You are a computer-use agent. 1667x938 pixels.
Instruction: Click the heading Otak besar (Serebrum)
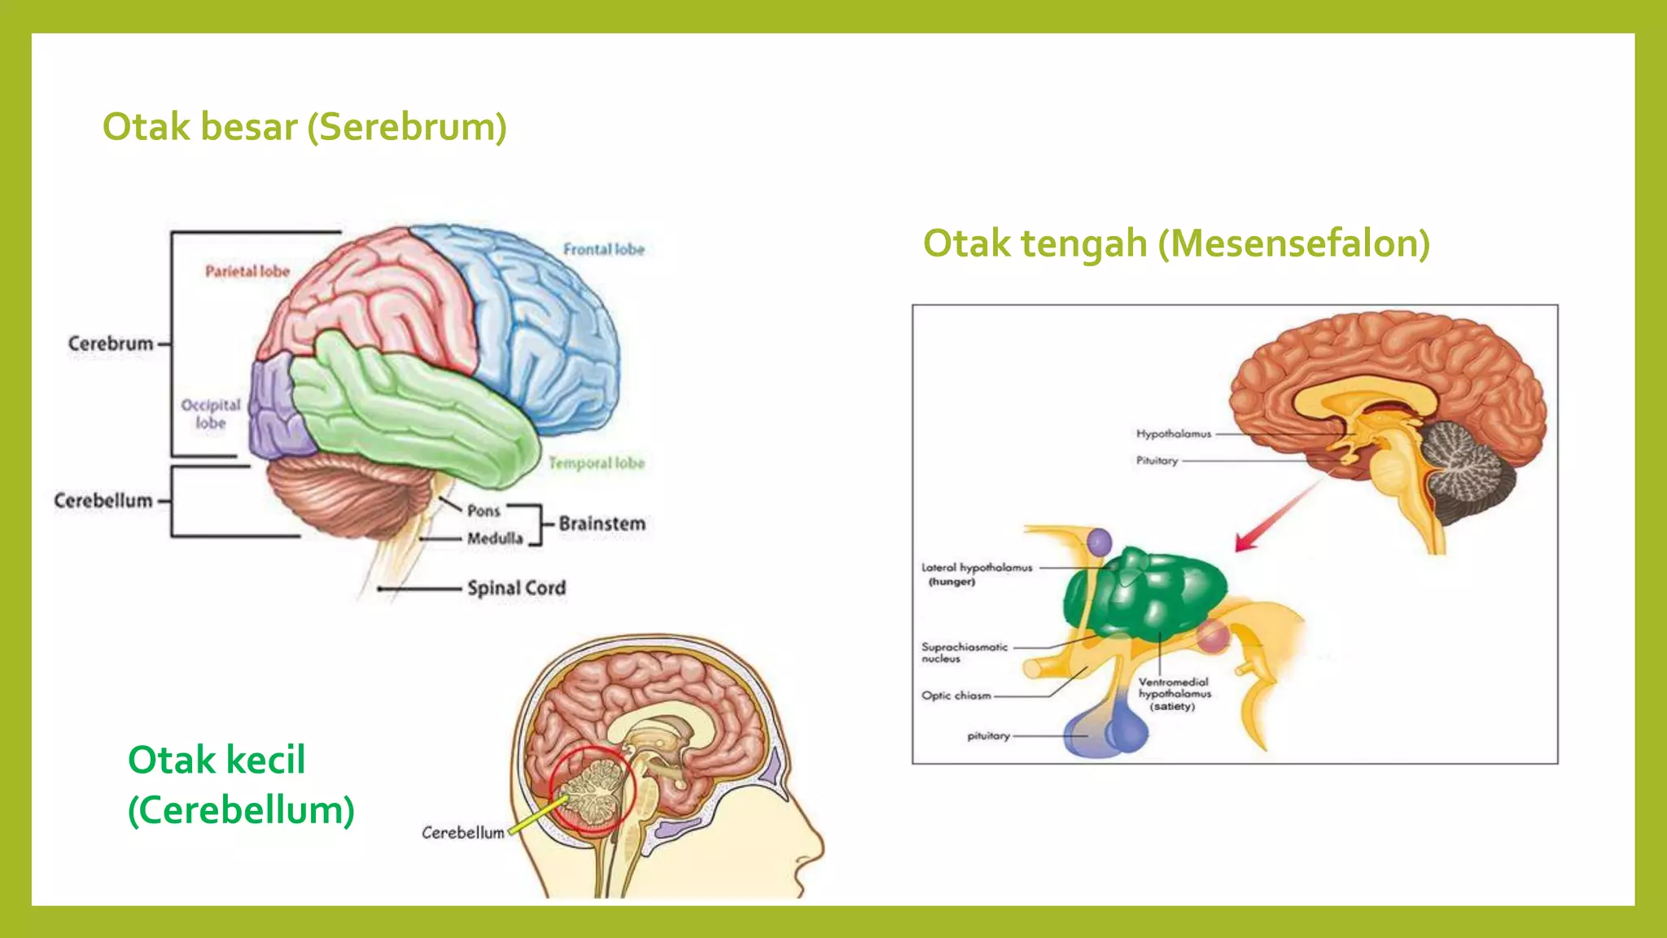pyautogui.click(x=304, y=127)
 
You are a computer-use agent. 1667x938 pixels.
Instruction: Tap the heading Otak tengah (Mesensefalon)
pyautogui.click(x=1176, y=243)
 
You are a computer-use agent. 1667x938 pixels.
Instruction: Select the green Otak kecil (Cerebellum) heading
pyautogui.click(x=241, y=785)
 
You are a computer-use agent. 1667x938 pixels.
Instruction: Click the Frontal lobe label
pyautogui.click(x=603, y=249)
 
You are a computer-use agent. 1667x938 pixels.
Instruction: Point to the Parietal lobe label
pyautogui.click(x=247, y=271)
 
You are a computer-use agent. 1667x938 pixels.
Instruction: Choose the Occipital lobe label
pyautogui.click(x=211, y=414)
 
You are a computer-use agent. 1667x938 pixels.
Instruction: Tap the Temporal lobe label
pyautogui.click(x=596, y=463)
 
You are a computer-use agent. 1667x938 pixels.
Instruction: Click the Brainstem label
pyautogui.click(x=602, y=524)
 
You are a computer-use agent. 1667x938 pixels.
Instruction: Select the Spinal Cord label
pyautogui.click(x=516, y=588)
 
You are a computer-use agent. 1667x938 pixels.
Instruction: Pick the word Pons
pyautogui.click(x=483, y=511)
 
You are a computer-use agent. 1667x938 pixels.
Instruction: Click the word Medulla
pyautogui.click(x=495, y=538)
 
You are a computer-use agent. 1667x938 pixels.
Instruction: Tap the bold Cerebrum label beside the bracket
pyautogui.click(x=111, y=344)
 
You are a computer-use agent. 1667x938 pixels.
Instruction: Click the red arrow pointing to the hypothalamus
pyautogui.click(x=1276, y=516)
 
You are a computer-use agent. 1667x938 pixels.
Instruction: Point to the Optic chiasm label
pyautogui.click(x=956, y=696)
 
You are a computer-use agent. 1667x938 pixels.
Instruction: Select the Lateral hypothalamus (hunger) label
pyautogui.click(x=976, y=574)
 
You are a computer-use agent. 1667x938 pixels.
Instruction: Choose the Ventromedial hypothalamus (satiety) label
pyautogui.click(x=1174, y=694)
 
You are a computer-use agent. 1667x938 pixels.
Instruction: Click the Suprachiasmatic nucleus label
pyautogui.click(x=964, y=652)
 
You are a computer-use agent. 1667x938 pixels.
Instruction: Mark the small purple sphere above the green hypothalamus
pyautogui.click(x=1099, y=542)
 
